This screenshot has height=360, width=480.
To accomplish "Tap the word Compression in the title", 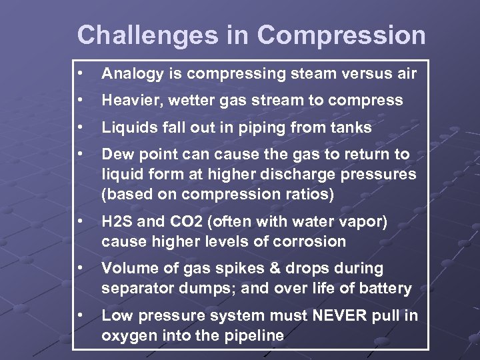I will click(341, 35).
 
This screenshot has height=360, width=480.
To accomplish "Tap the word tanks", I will click(352, 127).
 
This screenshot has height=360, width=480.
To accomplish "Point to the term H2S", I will click(116, 222).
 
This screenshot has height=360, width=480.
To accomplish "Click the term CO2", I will click(180, 222).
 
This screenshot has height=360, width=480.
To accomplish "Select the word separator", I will click(133, 289).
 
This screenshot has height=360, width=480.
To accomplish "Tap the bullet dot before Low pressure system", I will click(79, 315).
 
